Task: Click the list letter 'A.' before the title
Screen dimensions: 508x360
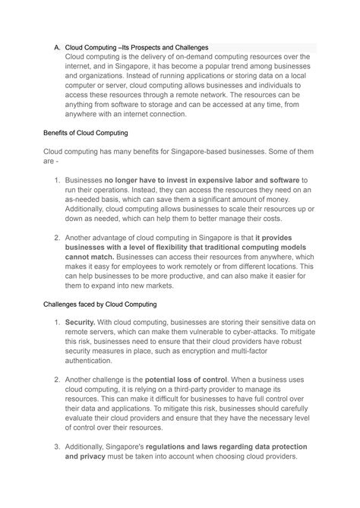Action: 56,47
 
